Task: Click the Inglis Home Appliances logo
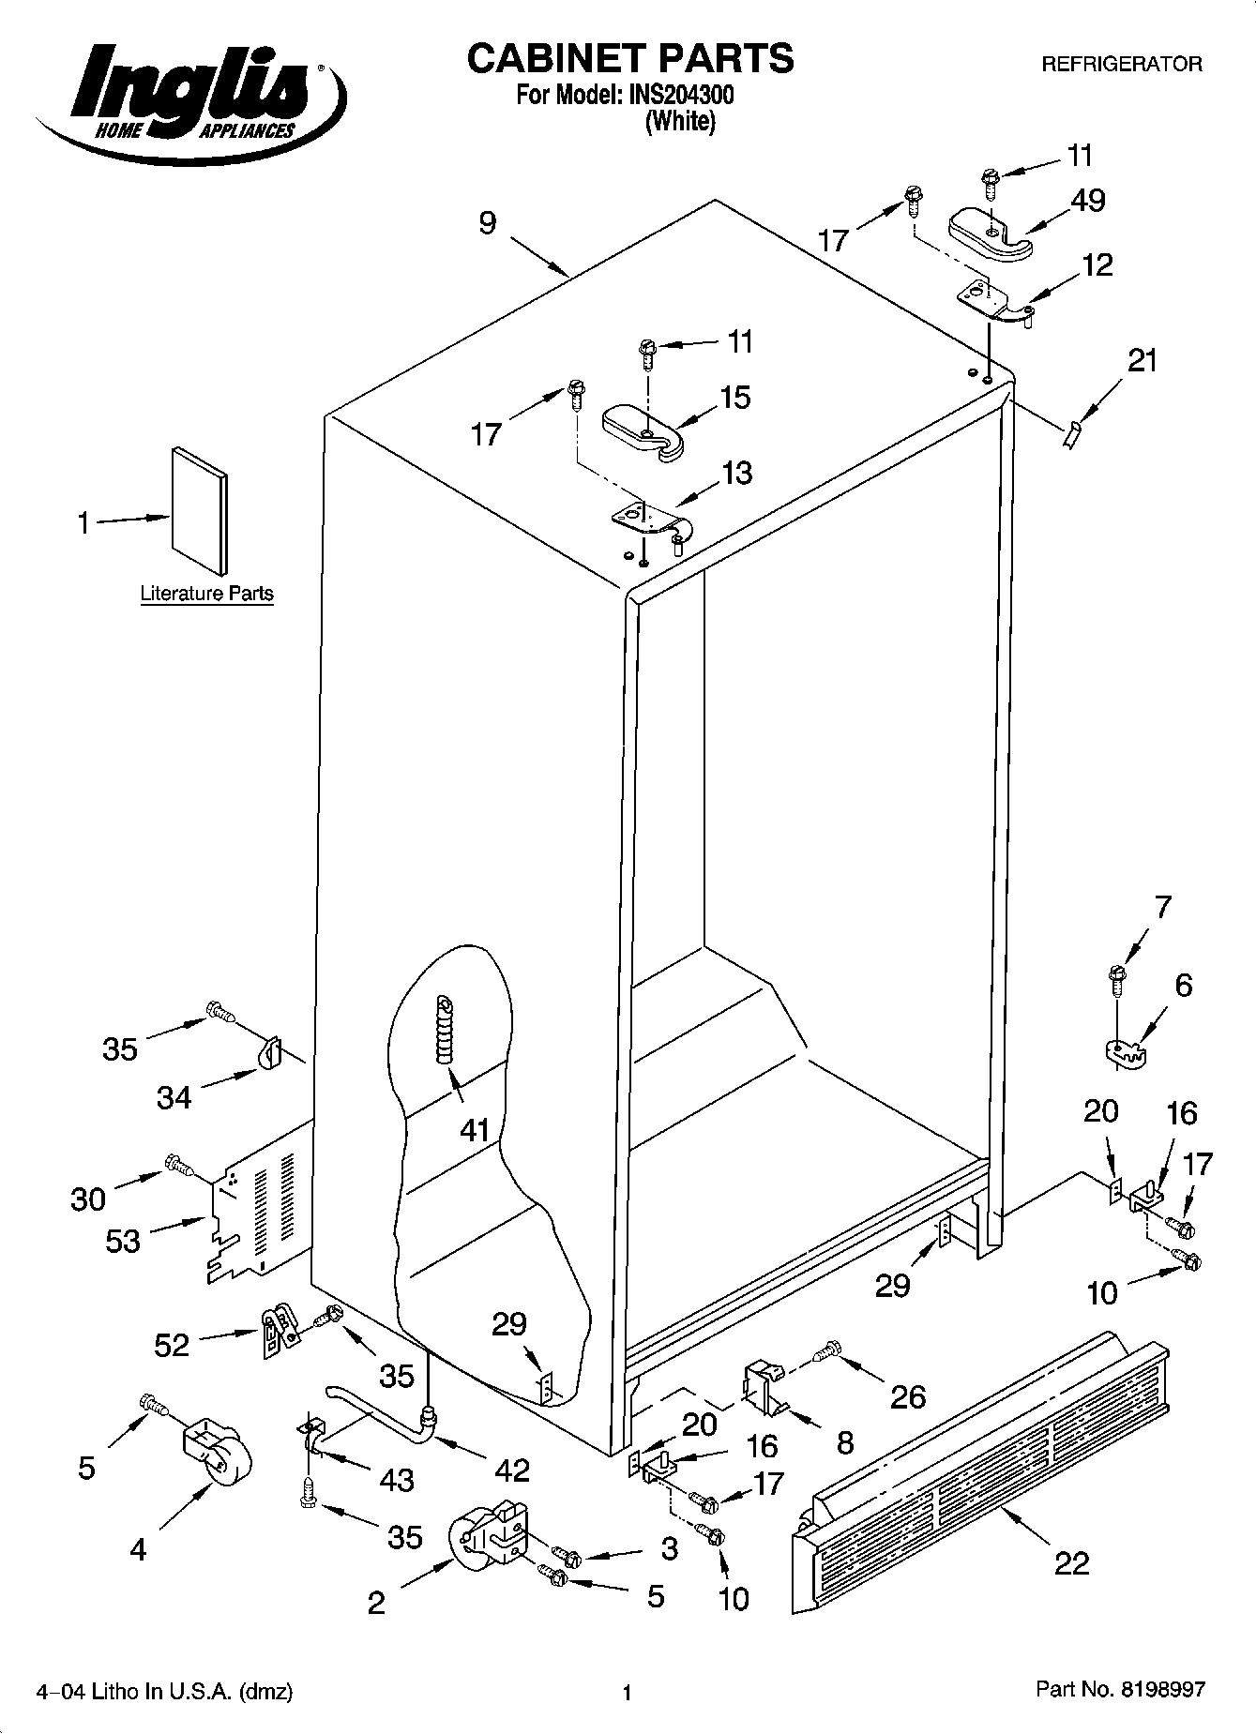pos(188,94)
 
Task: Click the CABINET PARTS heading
pos(630,58)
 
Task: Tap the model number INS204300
pos(676,95)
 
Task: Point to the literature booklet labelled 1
pos(199,511)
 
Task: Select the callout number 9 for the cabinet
pos(488,223)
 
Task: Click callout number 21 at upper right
pos(1143,361)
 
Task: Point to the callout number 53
pos(123,1242)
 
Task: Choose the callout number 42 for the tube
pos(512,1470)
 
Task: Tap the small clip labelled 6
pos(1124,1052)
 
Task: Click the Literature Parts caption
pos(206,594)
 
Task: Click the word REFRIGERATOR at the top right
pos(1122,64)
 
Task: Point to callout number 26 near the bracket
pos(907,1397)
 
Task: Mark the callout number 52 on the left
pos(172,1346)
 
